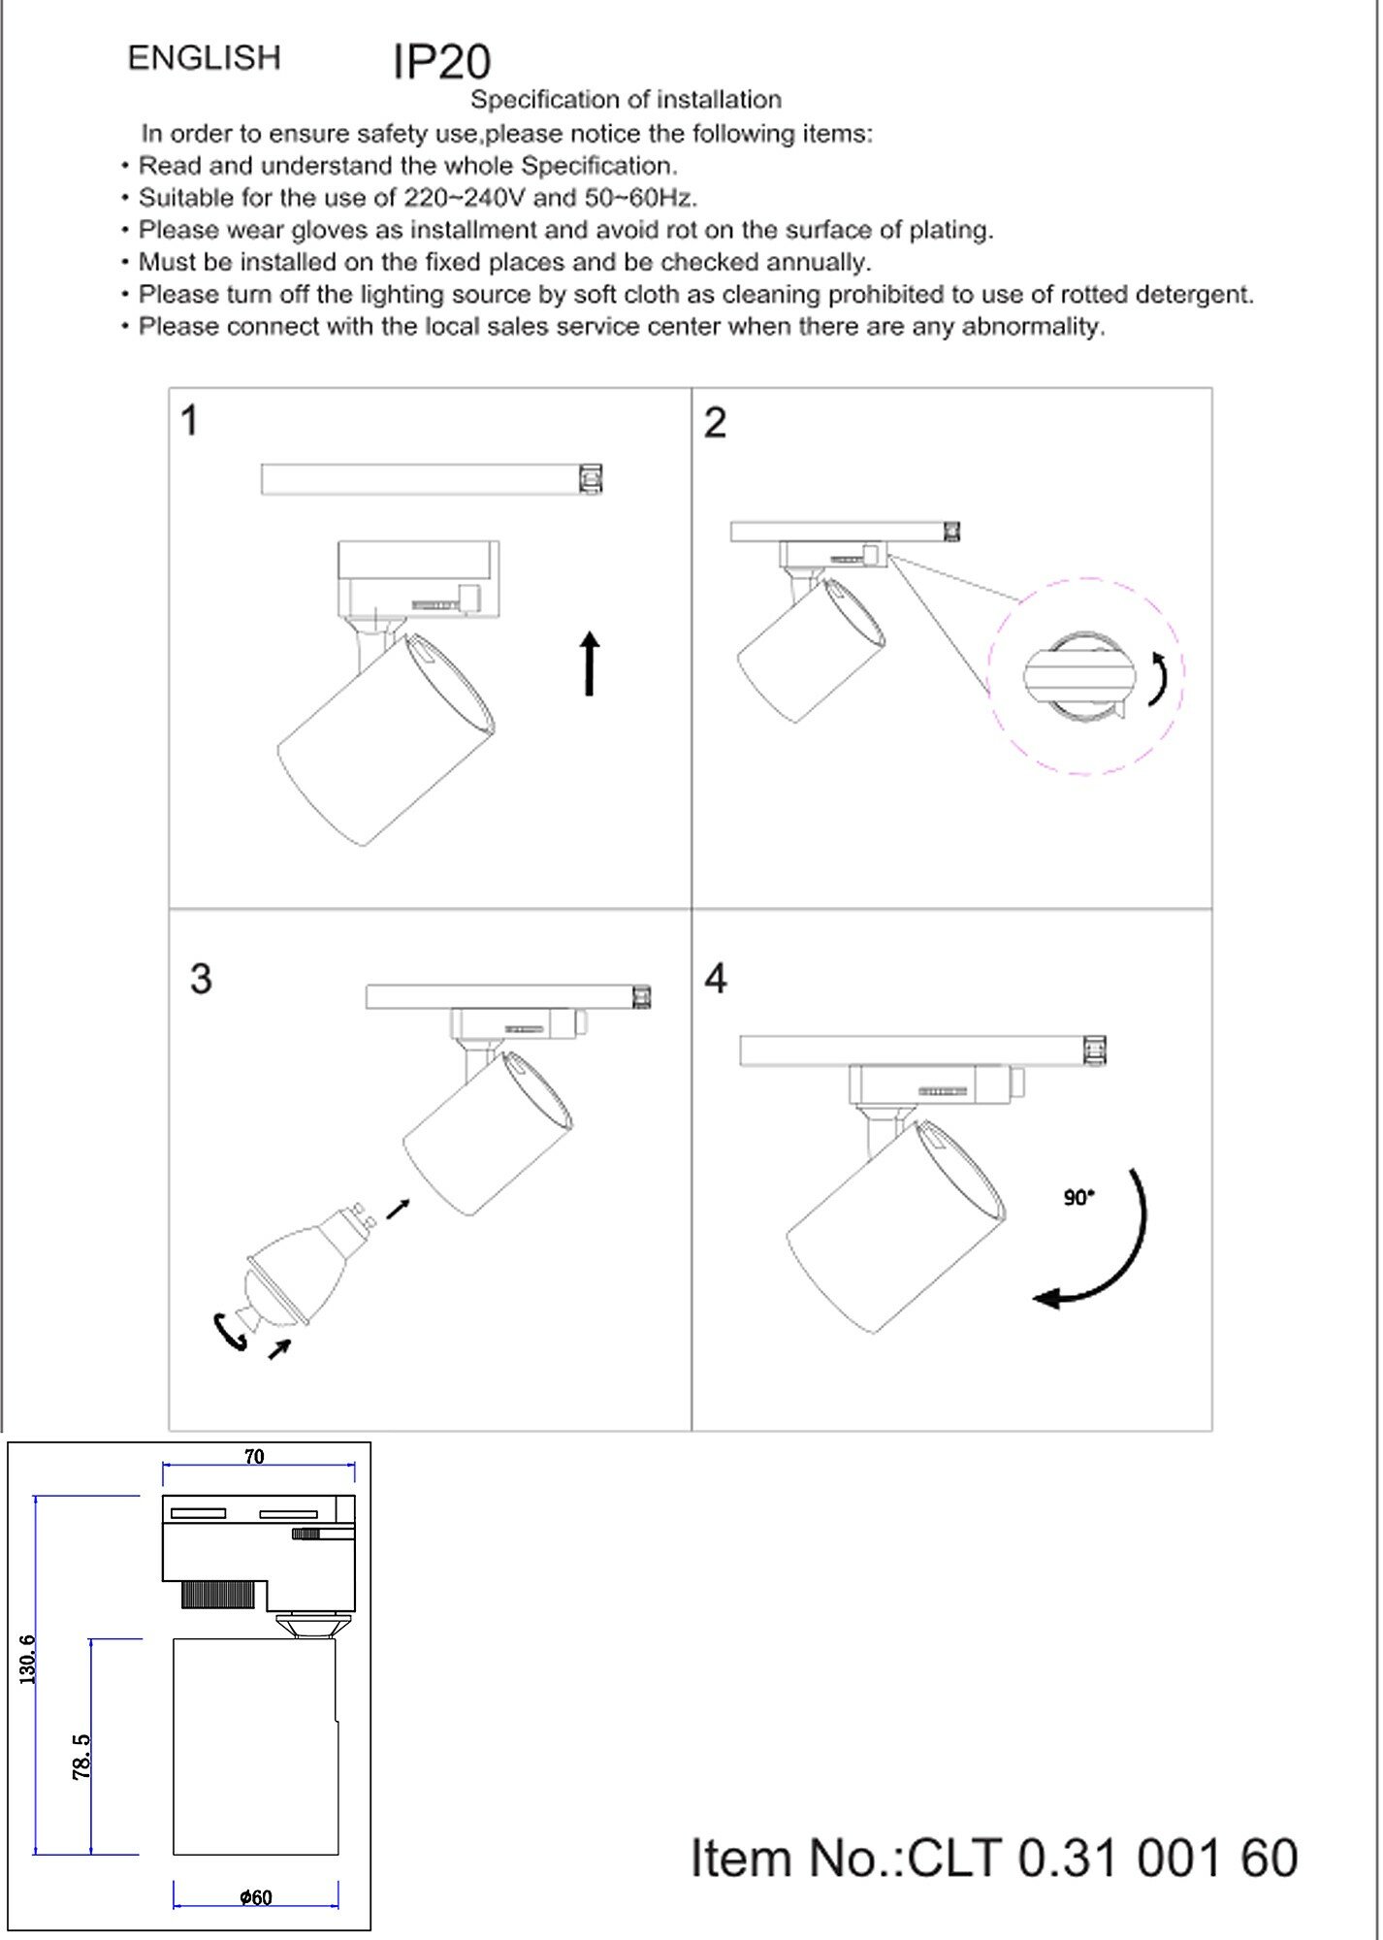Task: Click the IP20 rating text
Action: pos(441,62)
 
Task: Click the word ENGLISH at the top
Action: pos(204,58)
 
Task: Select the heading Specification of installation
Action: pos(626,100)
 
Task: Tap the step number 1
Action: pos(190,421)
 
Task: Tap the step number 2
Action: pos(715,423)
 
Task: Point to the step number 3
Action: pos(201,979)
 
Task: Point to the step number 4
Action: pos(716,979)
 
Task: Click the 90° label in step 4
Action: pos(1078,1198)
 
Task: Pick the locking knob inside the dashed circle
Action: pos(1078,676)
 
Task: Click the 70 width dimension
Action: pos(254,1457)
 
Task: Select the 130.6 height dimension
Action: pos(28,1659)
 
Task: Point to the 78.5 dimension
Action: pos(81,1757)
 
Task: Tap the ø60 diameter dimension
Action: pos(256,1897)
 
